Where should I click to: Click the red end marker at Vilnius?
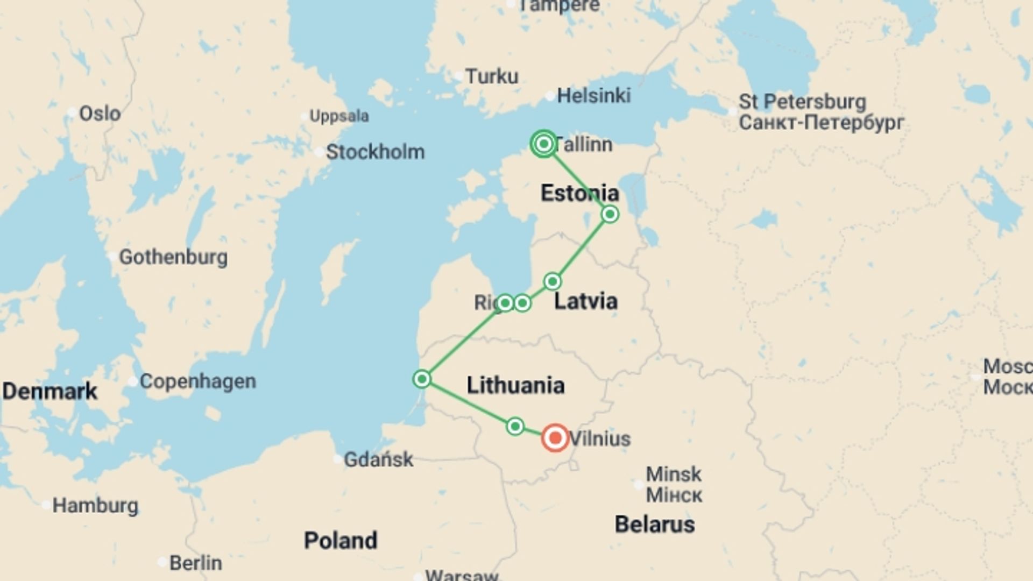(555, 437)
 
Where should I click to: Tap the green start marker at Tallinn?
(543, 144)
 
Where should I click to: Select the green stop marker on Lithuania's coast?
(422, 379)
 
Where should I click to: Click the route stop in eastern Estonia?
(610, 214)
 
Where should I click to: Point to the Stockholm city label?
(375, 152)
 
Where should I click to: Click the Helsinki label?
(593, 96)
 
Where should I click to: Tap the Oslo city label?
(100, 114)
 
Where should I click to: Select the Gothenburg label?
(173, 257)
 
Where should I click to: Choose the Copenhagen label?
(197, 381)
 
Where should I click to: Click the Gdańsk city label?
(378, 459)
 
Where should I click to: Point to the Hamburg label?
(95, 506)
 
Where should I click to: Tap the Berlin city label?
(195, 563)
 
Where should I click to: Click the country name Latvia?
(585, 301)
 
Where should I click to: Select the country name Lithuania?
(515, 385)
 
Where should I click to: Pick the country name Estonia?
(579, 193)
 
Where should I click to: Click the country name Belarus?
(654, 524)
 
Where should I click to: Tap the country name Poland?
(340, 540)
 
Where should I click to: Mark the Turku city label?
(491, 76)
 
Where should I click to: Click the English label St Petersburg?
(802, 102)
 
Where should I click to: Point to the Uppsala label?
(339, 116)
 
